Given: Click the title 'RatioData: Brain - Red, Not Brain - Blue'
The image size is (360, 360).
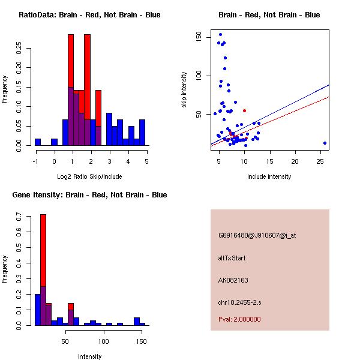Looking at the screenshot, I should (89, 15).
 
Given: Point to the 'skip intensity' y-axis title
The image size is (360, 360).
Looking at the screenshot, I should (184, 90).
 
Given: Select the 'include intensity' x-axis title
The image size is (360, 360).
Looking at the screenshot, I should (269, 176).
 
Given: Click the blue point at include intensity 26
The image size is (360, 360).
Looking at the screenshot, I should (325, 143).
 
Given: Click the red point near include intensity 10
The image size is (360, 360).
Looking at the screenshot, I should (244, 110).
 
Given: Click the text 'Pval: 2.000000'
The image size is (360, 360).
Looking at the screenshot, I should (239, 319).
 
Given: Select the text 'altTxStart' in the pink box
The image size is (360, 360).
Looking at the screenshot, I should (232, 258).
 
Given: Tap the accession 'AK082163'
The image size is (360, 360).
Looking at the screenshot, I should (233, 280).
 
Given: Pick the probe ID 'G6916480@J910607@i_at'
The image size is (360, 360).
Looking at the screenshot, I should (257, 236).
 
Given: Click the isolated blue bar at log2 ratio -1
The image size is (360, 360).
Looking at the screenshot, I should (38, 142).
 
